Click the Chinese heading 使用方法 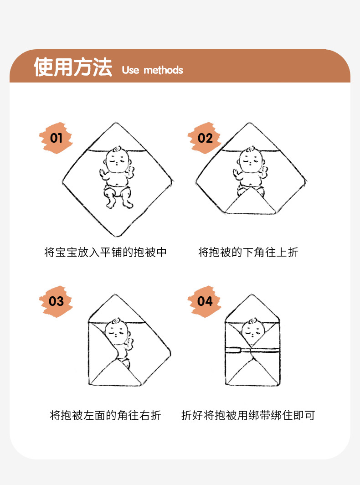[x=73, y=67]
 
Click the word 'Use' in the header [x=130, y=70]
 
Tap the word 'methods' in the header [x=163, y=70]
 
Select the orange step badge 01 [x=56, y=138]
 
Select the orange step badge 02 [x=205, y=138]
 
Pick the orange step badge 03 [x=56, y=301]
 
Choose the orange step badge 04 [x=205, y=301]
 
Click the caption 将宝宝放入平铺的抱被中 [x=106, y=252]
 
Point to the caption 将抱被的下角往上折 [x=248, y=252]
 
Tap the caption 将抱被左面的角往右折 [x=106, y=415]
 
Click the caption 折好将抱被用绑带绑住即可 [x=248, y=415]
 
